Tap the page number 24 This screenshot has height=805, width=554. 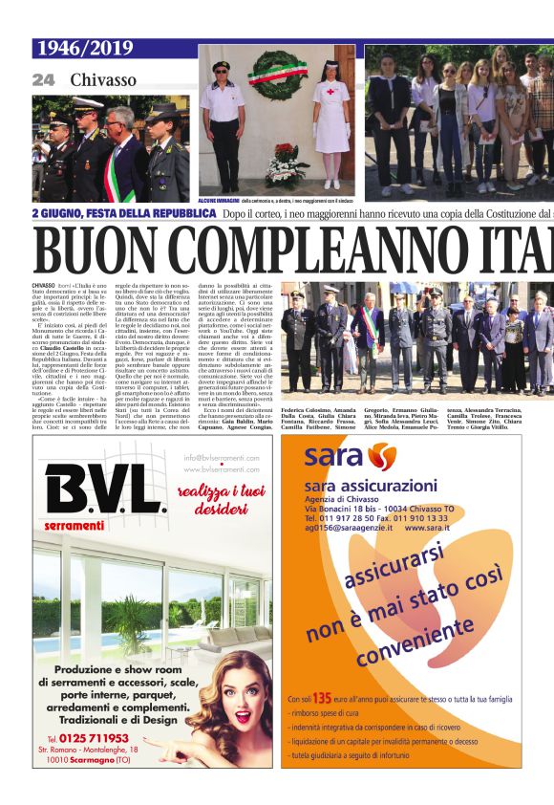(43, 80)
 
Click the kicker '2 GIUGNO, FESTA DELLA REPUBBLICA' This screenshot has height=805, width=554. (124, 214)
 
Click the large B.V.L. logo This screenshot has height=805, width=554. (104, 489)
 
